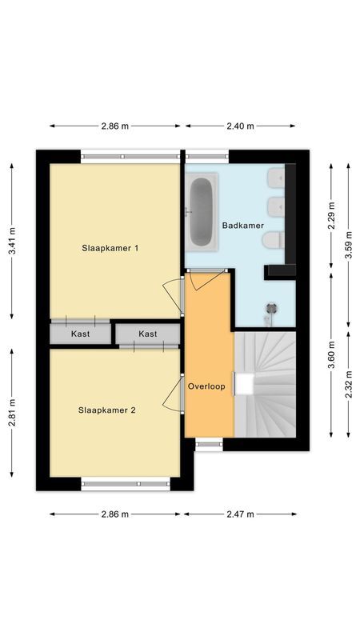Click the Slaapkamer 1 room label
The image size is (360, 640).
pos(110,248)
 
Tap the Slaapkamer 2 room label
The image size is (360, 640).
pos(107,410)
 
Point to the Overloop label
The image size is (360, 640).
pos(206,386)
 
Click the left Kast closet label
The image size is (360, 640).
pos(80,334)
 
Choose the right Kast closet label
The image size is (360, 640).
pos(148,334)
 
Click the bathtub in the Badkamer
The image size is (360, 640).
pos(201,211)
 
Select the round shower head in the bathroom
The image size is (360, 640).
pos(271,307)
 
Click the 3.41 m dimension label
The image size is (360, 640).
pos(11,241)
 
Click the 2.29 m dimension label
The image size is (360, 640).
pos(331,215)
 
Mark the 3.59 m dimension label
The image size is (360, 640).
pos(349,241)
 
